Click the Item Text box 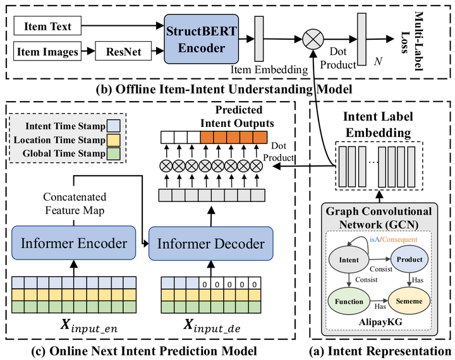point(48,27)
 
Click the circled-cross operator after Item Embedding point(312,39)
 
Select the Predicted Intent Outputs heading point(239,117)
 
